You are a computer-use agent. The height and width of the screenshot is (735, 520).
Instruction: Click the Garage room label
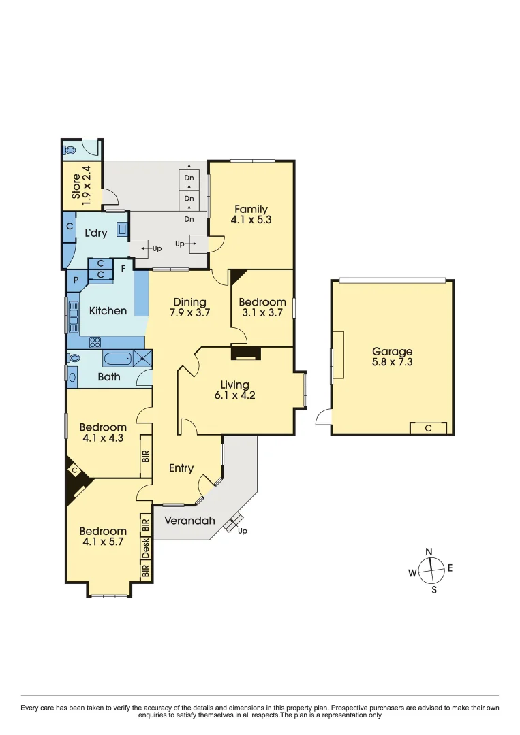(x=392, y=351)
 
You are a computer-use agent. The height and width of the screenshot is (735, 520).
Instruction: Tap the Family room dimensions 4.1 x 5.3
(x=251, y=220)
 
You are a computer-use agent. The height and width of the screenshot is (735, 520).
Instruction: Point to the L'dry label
(x=95, y=233)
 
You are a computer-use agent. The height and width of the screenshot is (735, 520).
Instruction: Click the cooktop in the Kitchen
(x=95, y=342)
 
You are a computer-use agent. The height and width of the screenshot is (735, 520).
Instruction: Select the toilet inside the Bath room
(x=74, y=357)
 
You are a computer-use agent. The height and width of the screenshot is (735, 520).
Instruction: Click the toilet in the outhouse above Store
(x=70, y=150)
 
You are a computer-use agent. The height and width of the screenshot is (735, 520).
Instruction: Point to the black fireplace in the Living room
(x=245, y=353)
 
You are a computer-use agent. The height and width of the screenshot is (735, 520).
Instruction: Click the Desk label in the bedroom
(x=145, y=546)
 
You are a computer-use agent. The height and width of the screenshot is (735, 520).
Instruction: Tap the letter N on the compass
(x=429, y=552)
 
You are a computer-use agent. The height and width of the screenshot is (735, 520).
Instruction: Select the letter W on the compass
(x=412, y=574)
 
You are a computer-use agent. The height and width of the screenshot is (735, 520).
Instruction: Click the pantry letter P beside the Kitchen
(x=74, y=280)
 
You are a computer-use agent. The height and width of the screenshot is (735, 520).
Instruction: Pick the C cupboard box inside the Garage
(x=428, y=428)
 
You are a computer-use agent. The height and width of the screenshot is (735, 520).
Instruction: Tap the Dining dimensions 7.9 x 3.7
(x=189, y=314)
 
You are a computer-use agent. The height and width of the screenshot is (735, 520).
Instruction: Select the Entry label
(x=181, y=468)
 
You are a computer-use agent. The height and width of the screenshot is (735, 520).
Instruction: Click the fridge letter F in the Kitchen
(x=123, y=268)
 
